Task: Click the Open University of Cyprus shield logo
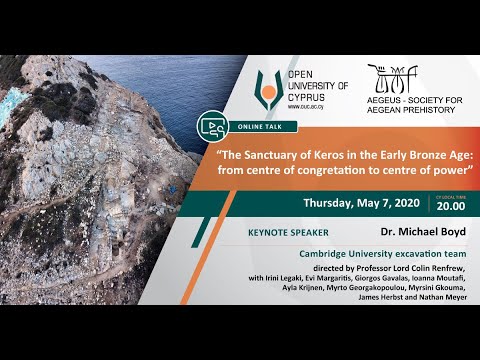coord(267,91)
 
